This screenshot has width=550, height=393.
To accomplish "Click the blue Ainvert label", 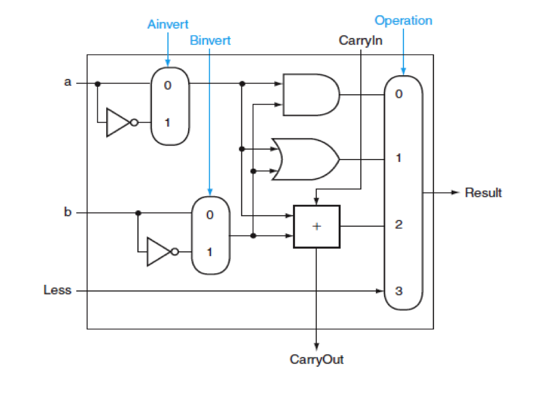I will (x=168, y=24).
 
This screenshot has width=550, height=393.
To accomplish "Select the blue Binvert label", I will (x=210, y=41).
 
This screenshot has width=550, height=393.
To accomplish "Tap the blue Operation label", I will (x=403, y=20).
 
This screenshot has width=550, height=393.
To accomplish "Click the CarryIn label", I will (x=360, y=41).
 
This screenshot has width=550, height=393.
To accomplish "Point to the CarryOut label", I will (x=316, y=359).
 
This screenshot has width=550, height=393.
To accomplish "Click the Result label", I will (x=483, y=193).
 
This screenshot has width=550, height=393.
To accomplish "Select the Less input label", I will (x=57, y=290).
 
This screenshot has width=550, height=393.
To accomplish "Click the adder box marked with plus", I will (x=316, y=226).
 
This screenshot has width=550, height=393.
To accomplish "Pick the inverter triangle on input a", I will (x=118, y=122).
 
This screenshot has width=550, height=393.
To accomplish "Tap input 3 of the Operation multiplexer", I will (x=399, y=290).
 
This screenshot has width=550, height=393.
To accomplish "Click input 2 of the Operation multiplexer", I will (x=399, y=225).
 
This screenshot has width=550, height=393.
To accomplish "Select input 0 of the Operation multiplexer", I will (x=399, y=94).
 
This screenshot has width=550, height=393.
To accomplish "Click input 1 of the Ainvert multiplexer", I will (x=168, y=122).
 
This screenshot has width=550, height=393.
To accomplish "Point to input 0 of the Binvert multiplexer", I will (x=209, y=215).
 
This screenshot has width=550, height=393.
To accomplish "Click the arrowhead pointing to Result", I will (x=453, y=193).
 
